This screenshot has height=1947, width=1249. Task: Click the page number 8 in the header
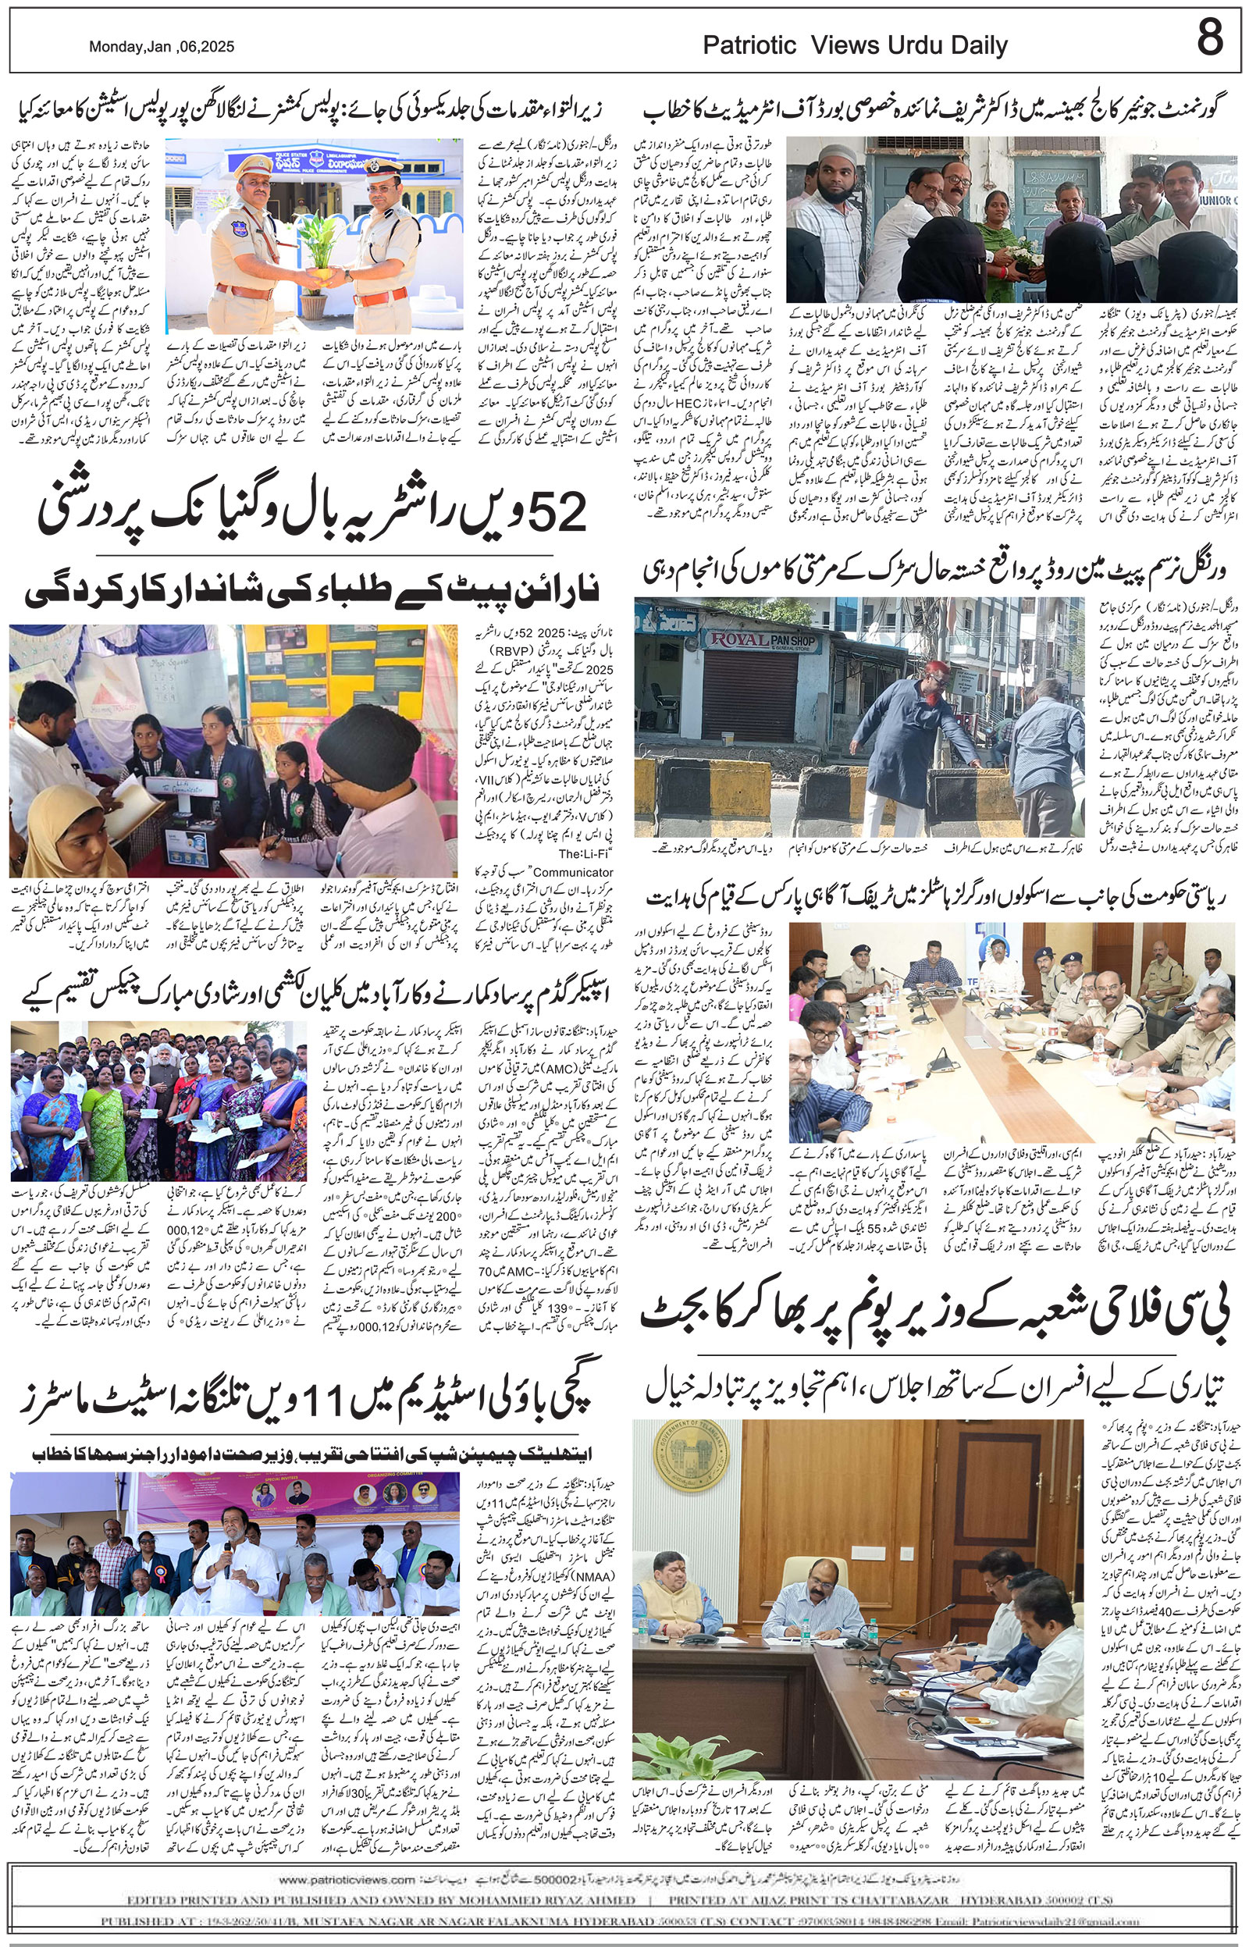[1209, 38]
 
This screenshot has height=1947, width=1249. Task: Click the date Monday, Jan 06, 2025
[162, 47]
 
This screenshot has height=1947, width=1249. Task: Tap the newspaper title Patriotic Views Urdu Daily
[855, 45]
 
